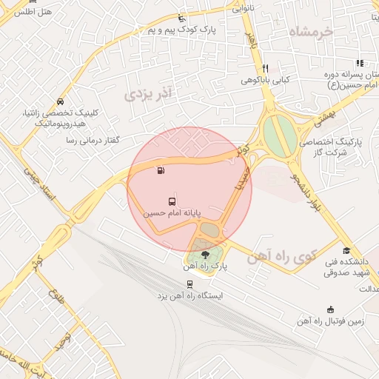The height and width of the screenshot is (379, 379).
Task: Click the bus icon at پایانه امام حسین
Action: (172, 201)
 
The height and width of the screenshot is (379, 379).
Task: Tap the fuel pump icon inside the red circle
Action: (161, 171)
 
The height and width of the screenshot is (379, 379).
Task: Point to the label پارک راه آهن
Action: (205, 266)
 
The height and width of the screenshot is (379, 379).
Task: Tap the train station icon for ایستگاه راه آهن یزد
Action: (190, 284)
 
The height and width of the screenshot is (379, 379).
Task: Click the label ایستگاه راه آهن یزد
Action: (189, 296)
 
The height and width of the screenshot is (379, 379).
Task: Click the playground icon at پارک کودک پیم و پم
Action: (182, 18)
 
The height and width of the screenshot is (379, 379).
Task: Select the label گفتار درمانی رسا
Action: (93, 140)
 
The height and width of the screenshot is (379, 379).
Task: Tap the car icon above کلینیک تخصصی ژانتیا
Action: (60, 101)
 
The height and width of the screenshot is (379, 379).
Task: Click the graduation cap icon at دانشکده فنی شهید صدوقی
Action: (346, 250)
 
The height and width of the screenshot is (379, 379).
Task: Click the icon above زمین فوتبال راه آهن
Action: (330, 309)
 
